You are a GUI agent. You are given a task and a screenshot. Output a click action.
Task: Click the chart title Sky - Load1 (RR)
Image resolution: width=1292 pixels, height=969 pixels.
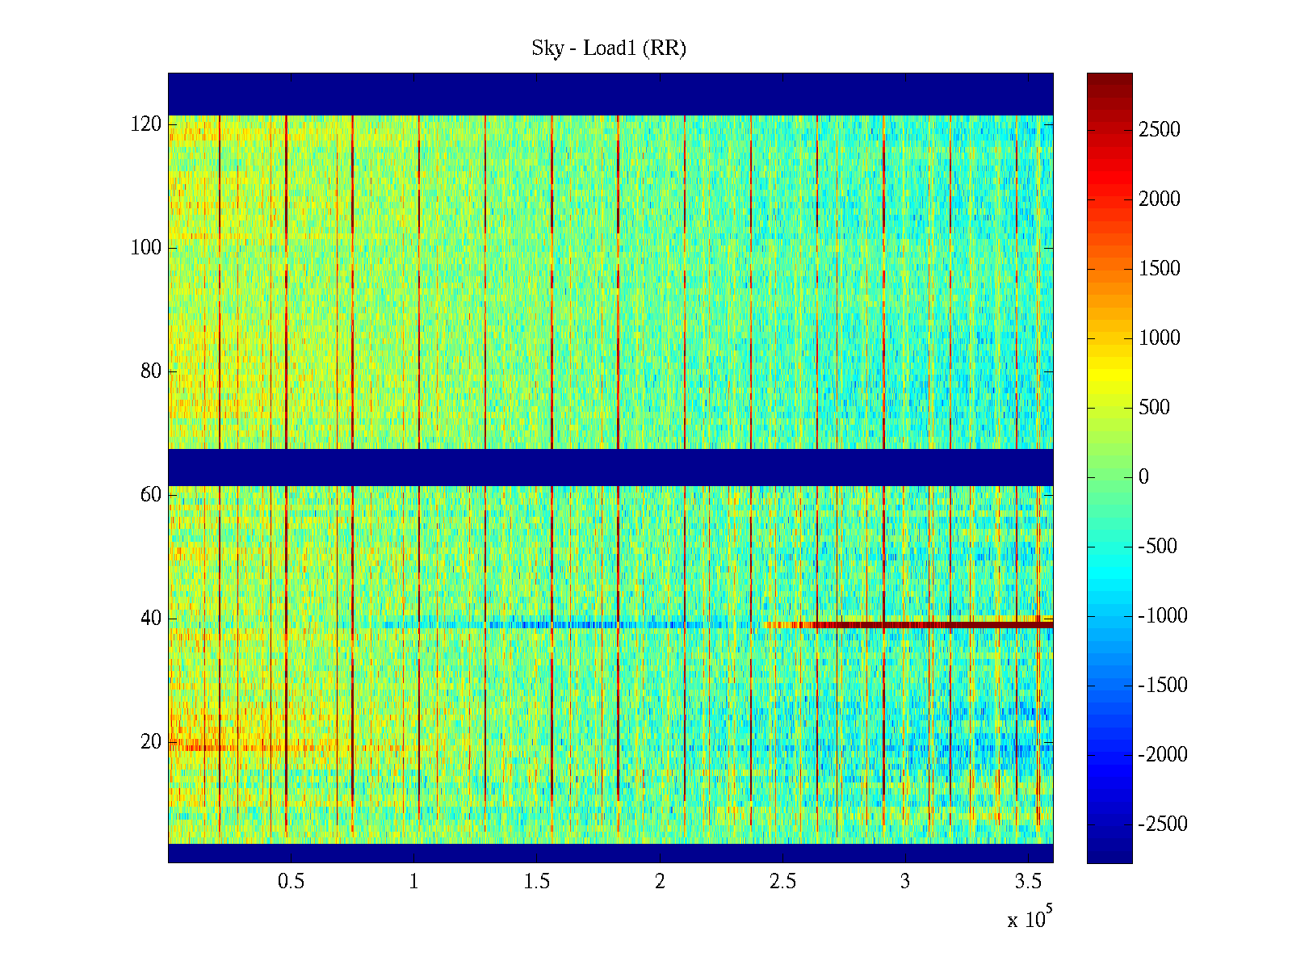(x=609, y=48)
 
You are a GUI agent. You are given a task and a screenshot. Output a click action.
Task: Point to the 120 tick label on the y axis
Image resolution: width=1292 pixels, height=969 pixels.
(x=146, y=124)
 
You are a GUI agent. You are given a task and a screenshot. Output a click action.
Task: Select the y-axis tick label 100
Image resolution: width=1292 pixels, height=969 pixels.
(x=146, y=248)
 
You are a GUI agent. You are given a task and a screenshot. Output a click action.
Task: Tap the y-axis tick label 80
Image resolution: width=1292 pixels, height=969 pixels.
(x=151, y=371)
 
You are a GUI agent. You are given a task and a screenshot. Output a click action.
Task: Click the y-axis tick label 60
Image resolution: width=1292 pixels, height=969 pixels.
(x=151, y=495)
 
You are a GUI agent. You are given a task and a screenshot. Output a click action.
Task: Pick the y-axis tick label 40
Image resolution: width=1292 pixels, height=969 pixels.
(x=151, y=619)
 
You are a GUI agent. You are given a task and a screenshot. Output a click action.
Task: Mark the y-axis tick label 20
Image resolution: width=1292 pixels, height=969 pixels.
(x=151, y=742)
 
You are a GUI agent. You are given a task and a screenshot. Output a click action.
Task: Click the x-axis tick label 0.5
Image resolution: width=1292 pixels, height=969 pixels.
(x=291, y=882)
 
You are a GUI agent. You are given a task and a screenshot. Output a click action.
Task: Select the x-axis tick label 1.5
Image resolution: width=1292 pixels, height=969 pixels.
(x=537, y=882)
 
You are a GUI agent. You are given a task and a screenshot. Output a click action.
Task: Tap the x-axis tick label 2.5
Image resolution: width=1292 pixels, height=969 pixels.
(x=782, y=882)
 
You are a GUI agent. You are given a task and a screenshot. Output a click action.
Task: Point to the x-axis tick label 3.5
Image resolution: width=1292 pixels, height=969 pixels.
(x=1028, y=882)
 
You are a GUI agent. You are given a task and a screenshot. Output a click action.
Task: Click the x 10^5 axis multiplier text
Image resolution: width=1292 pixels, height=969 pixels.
(x=1030, y=918)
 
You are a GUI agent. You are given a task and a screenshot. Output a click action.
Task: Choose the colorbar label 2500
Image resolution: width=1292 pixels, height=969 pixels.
(x=1160, y=130)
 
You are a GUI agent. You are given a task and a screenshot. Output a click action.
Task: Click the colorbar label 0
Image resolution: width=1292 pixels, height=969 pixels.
(x=1143, y=477)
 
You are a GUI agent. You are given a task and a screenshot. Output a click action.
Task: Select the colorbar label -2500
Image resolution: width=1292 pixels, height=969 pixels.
(x=1163, y=824)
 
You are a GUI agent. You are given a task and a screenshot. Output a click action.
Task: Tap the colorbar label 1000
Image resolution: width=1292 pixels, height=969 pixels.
(x=1160, y=338)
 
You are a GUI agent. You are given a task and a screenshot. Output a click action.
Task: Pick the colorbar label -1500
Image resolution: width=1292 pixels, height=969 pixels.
(x=1163, y=686)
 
